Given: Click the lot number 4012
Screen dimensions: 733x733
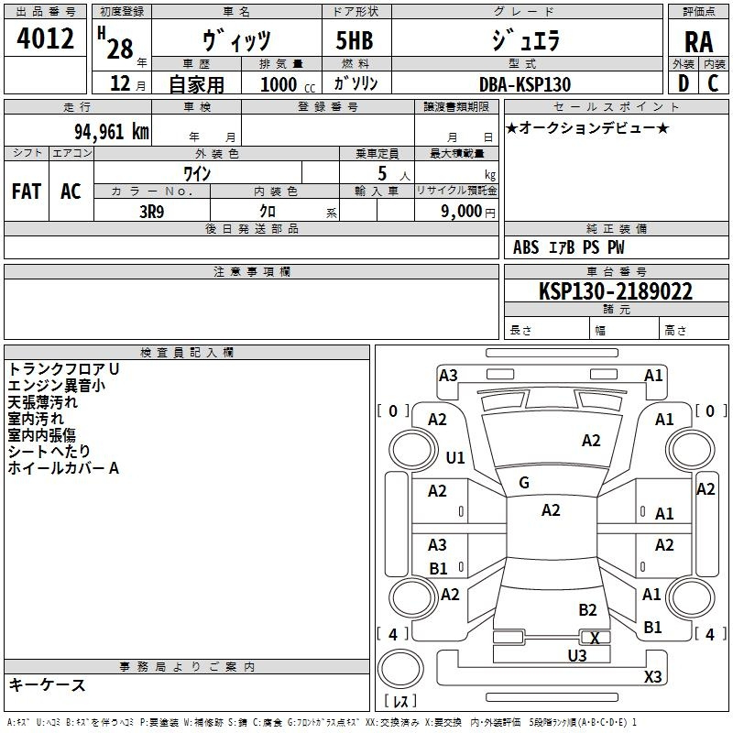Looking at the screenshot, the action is tap(45, 38).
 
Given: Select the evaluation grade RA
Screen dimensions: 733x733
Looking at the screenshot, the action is tap(698, 42).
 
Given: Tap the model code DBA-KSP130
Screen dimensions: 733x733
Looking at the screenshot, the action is tap(525, 84).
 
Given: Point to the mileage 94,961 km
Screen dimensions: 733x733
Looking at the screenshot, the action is tap(112, 132).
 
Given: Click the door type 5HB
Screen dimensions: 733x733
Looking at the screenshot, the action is tap(355, 40).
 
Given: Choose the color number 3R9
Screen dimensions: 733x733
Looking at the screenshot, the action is tap(152, 212).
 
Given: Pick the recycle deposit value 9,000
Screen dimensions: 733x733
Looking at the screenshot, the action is tap(462, 212).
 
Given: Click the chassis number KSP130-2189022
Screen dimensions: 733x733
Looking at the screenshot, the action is tap(616, 291).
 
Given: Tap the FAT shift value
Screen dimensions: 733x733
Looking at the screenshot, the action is tap(27, 191).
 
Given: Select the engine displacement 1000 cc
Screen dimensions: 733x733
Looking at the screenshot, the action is tap(288, 84).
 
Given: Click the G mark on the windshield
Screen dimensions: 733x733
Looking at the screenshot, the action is tap(524, 483).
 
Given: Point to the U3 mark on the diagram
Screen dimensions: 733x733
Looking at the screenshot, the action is tap(577, 656).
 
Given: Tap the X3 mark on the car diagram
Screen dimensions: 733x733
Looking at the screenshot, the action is tap(652, 676).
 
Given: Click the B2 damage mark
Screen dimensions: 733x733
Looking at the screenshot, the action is tap(587, 610).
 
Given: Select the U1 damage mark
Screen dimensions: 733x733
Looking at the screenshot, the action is tap(455, 457).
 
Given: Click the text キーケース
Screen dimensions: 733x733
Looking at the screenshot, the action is tap(48, 685).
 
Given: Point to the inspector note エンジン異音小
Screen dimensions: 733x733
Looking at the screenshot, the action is tap(57, 386).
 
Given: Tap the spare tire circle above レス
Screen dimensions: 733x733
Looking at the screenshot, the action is tap(400, 669).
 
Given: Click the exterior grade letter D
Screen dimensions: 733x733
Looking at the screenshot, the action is tap(684, 83).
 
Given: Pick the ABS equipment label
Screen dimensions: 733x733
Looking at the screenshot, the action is tap(526, 247).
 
